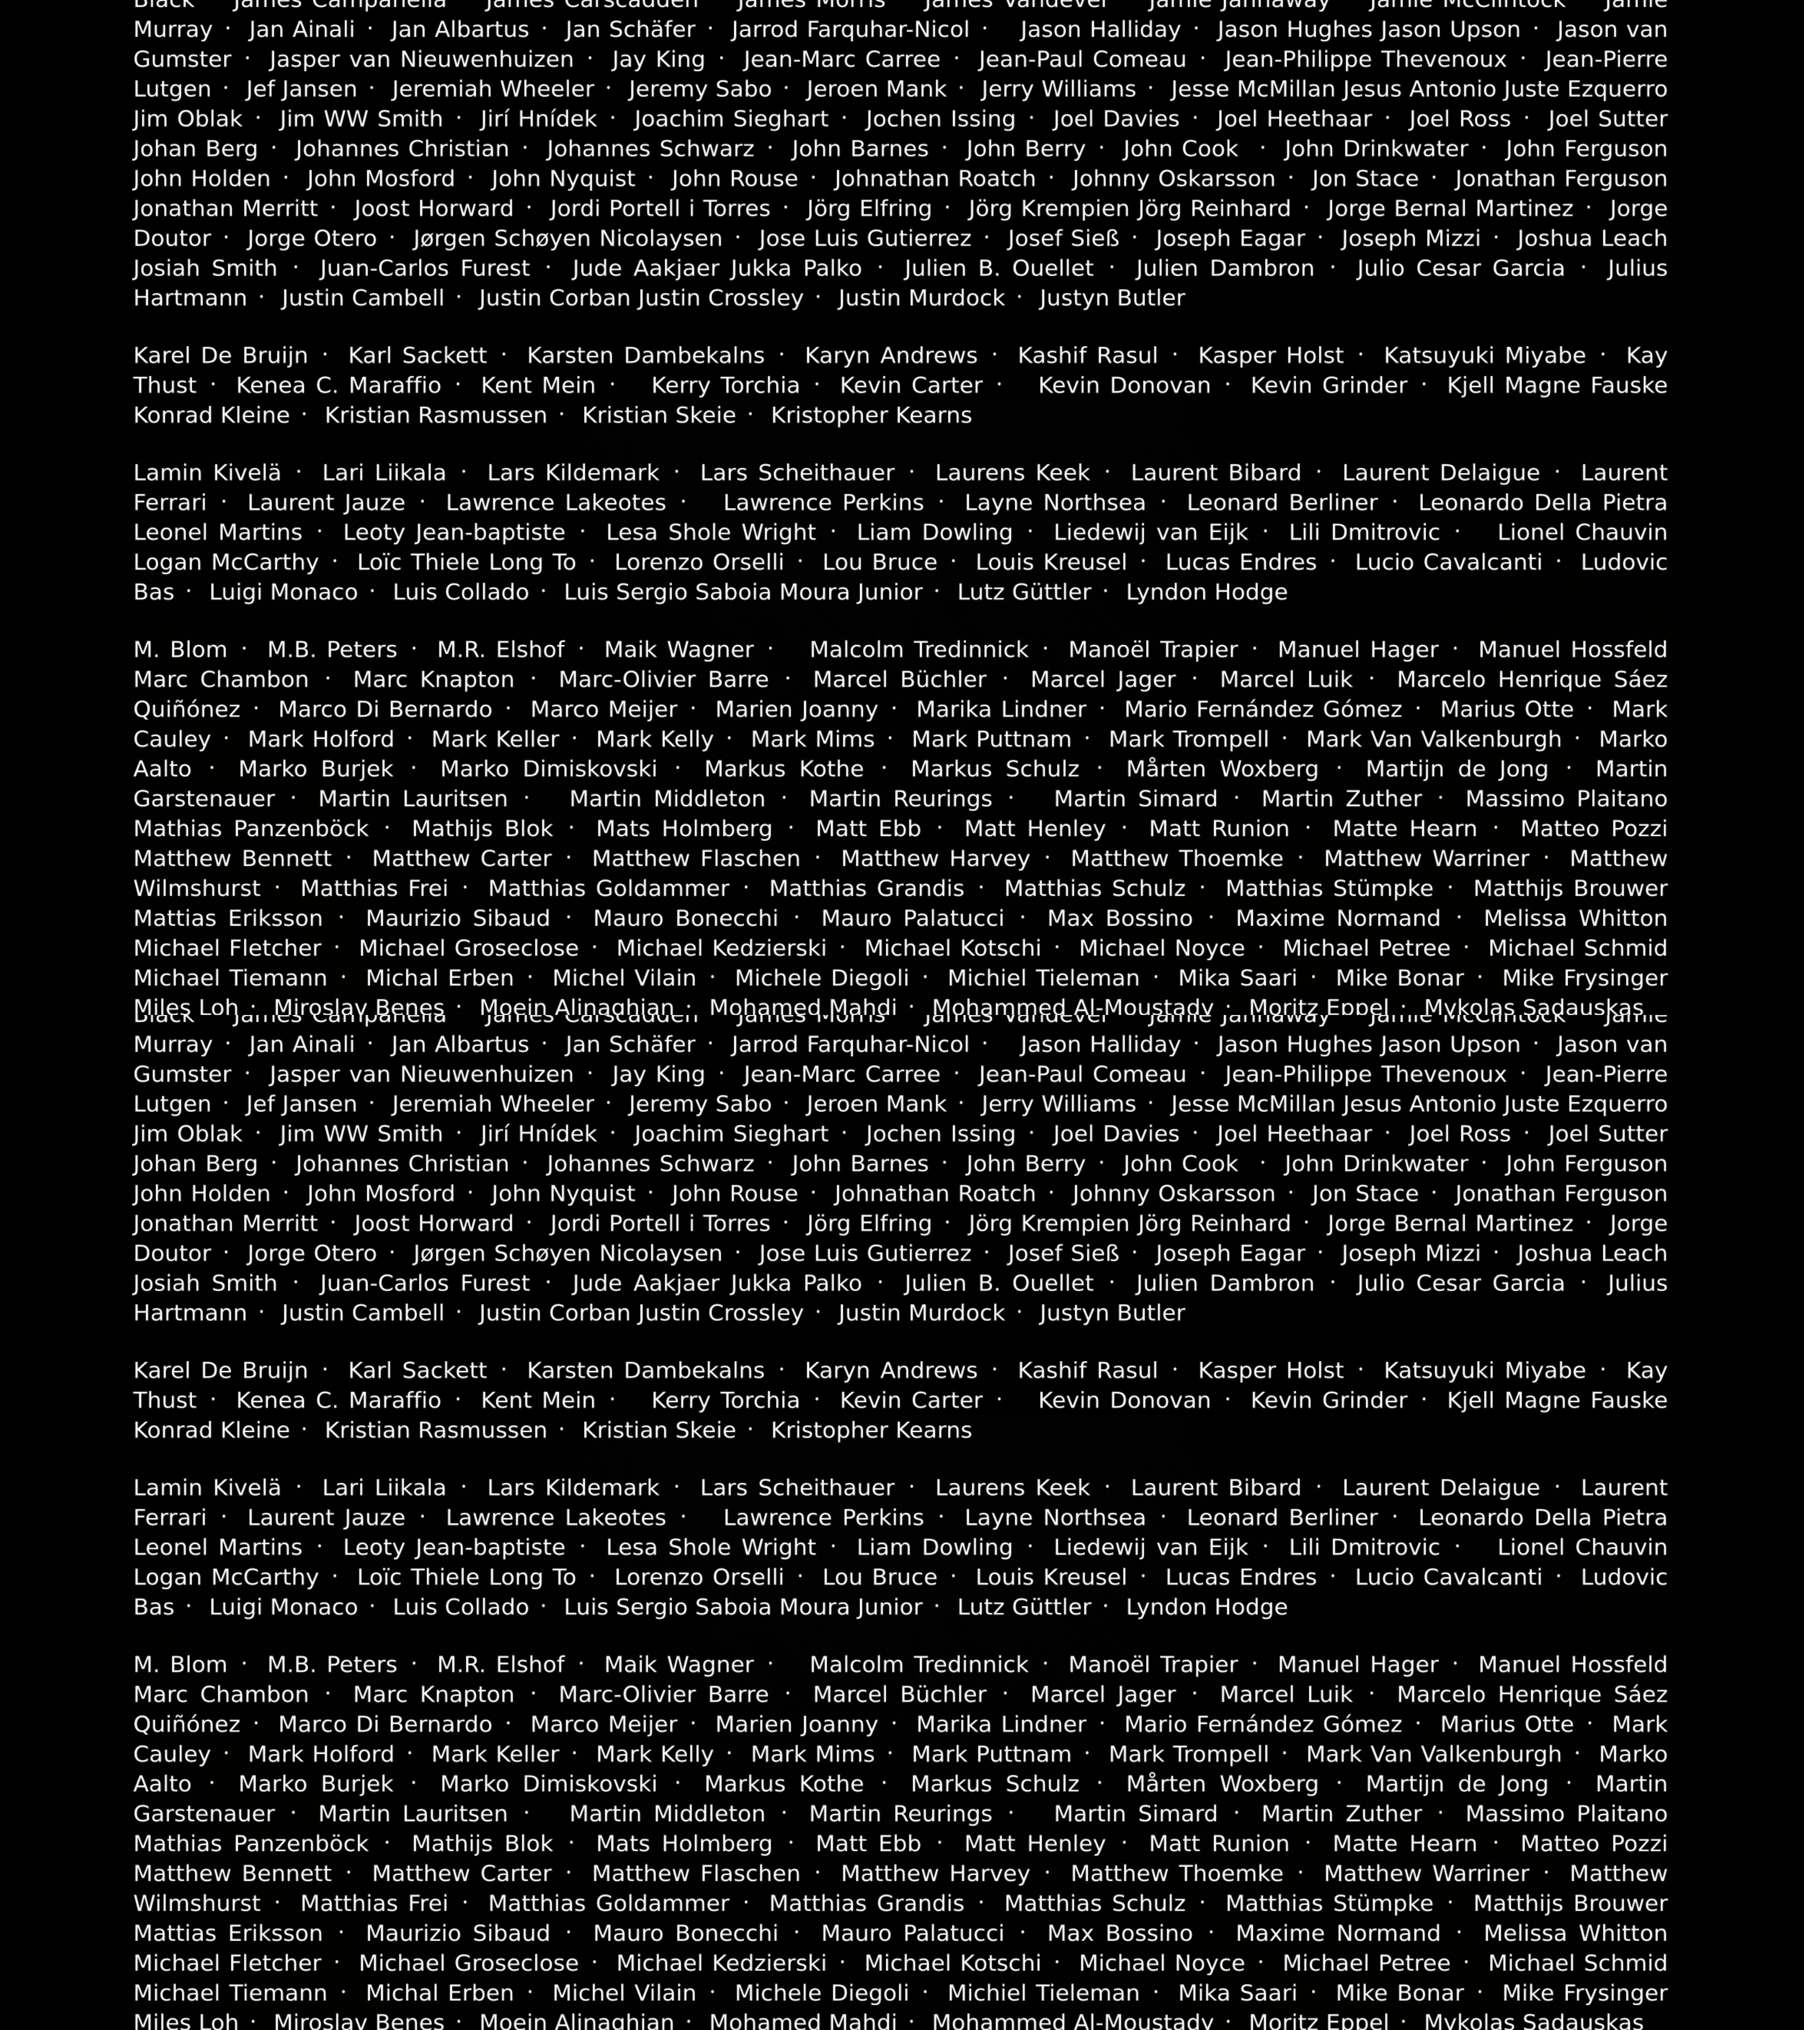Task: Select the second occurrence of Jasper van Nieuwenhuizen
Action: (x=421, y=1075)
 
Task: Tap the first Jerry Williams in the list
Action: (x=1058, y=89)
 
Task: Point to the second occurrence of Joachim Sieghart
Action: (x=731, y=1134)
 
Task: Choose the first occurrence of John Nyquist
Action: (x=563, y=179)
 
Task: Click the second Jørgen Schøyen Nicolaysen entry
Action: (x=568, y=1253)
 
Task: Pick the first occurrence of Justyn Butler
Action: (x=1112, y=298)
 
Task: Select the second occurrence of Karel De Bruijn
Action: (x=221, y=1370)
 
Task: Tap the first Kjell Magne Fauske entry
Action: (x=1557, y=385)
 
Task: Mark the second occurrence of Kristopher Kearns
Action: (x=871, y=1430)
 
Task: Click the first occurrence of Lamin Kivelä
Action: (x=207, y=473)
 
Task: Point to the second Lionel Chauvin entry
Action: (x=1582, y=1547)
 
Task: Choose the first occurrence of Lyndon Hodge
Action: (x=1206, y=592)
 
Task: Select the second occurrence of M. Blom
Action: (x=179, y=1665)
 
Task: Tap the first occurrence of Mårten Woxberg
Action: (x=1222, y=769)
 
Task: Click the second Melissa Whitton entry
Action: (x=1574, y=1933)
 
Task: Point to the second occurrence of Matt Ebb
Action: (x=868, y=1843)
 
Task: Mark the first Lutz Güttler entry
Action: (x=1024, y=592)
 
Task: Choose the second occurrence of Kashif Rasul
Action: (x=1087, y=1370)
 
